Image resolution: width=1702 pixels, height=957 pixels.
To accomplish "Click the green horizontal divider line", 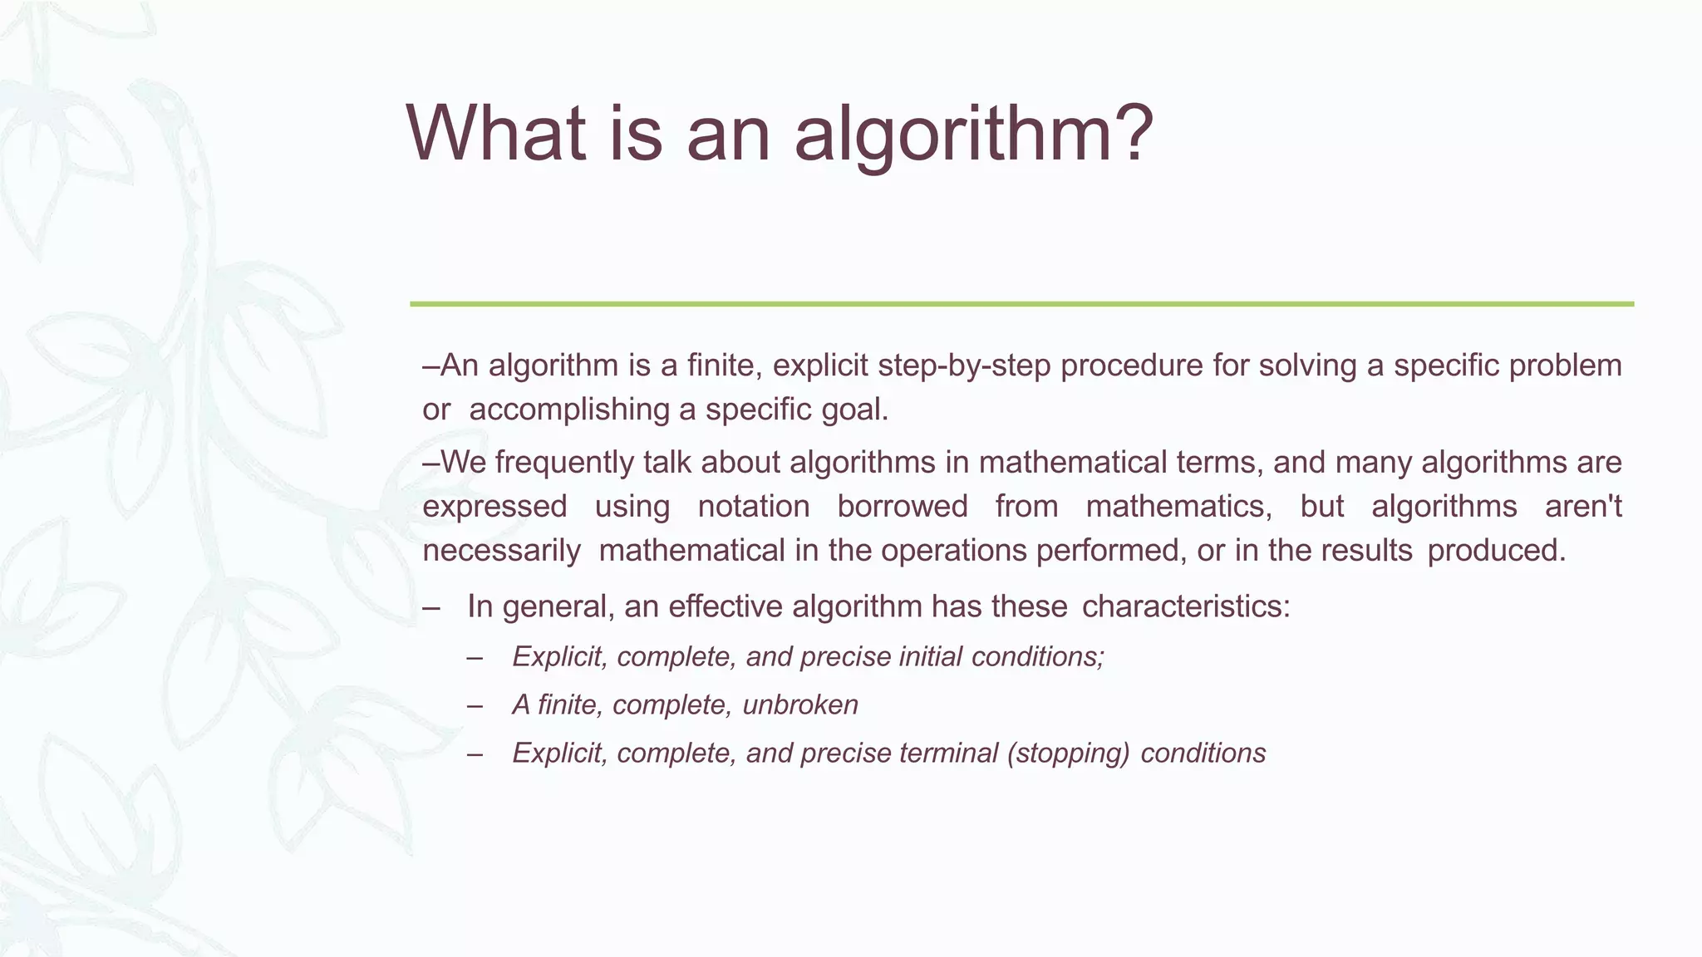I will tap(1021, 304).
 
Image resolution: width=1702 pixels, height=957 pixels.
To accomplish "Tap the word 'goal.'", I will tap(855, 410).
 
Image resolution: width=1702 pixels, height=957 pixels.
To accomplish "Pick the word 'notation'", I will tap(753, 507).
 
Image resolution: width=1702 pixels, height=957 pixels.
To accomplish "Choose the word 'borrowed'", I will tap(903, 507).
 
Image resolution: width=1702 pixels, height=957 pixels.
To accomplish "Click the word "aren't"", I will tap(1583, 507).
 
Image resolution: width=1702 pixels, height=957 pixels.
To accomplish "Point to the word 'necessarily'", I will tap(501, 551).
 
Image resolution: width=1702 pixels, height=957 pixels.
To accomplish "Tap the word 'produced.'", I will tap(1496, 551).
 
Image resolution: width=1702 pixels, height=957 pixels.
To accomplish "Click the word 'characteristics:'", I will tap(1186, 606).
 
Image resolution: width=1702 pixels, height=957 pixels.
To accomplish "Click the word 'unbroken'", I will tap(799, 705).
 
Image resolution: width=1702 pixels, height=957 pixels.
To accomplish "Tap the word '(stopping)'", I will tap(1067, 753).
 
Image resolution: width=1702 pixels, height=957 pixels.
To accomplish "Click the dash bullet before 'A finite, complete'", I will tap(475, 705).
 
